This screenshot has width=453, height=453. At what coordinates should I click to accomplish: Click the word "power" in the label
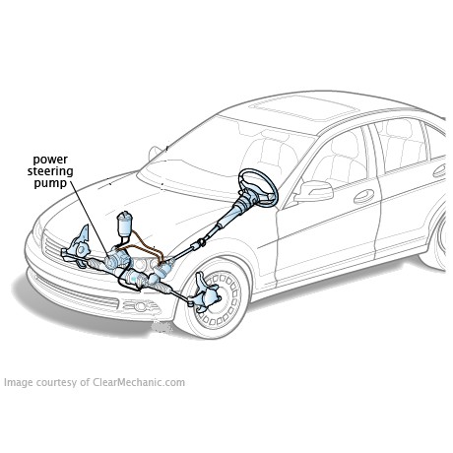(x=50, y=160)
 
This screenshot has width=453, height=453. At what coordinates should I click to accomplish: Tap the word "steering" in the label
(x=50, y=171)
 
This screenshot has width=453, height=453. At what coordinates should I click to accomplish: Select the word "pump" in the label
(x=50, y=183)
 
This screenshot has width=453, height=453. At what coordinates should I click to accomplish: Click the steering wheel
(x=259, y=187)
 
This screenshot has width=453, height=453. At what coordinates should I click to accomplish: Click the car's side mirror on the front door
(x=314, y=191)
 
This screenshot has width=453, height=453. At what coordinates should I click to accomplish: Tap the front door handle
(x=363, y=196)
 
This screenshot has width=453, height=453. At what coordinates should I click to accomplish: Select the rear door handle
(x=439, y=170)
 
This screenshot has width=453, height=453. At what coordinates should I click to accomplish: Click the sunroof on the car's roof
(x=302, y=107)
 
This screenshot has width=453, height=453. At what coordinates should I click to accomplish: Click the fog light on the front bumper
(x=141, y=306)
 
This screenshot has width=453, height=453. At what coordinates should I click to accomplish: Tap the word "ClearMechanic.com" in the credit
(x=139, y=382)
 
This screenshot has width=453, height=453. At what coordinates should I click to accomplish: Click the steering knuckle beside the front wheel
(x=204, y=291)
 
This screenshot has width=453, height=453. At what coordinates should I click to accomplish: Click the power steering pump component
(x=115, y=258)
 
